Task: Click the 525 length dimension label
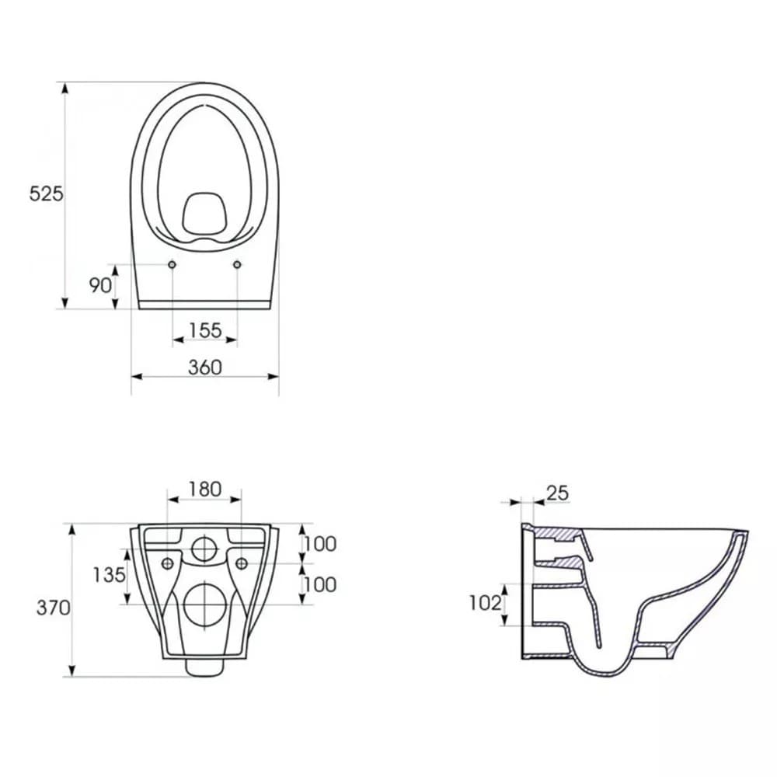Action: point(47,194)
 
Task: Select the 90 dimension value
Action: point(100,285)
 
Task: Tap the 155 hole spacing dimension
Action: point(205,330)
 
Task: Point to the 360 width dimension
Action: point(205,367)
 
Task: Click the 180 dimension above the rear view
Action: point(205,490)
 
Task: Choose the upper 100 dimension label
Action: point(319,544)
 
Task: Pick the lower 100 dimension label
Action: point(319,584)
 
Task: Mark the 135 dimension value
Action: point(109,575)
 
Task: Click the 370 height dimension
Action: point(54,608)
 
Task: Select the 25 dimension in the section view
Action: point(557,493)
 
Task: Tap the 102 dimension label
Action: point(486,603)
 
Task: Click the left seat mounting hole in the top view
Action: point(172,266)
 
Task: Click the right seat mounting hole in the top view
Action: point(236,266)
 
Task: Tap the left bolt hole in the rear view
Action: point(167,563)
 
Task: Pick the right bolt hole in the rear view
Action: point(241,563)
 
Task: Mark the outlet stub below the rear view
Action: point(205,667)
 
